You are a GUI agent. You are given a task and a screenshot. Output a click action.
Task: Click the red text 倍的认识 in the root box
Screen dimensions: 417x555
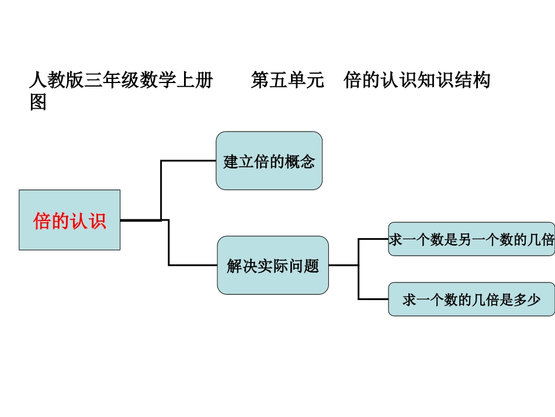[70, 222]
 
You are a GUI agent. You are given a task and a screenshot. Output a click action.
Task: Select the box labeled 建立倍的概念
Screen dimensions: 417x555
[269, 161]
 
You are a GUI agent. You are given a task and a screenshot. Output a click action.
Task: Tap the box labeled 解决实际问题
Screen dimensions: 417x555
[272, 266]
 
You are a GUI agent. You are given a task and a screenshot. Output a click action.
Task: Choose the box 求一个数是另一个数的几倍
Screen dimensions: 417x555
[471, 239]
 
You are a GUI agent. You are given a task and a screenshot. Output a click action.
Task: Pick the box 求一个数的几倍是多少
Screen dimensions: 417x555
[471, 299]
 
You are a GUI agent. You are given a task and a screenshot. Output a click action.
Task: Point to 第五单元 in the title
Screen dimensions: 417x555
[287, 80]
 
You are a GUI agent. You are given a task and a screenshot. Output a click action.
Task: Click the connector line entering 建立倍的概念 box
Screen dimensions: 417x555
[188, 160]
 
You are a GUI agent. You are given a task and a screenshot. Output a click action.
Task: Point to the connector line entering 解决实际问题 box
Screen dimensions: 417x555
[193, 265]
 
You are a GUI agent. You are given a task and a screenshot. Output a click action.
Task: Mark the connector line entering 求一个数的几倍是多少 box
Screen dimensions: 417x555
[374, 299]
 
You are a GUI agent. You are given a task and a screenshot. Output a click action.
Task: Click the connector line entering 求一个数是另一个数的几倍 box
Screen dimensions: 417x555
[374, 239]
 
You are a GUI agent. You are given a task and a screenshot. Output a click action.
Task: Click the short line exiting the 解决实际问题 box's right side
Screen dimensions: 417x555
[344, 265]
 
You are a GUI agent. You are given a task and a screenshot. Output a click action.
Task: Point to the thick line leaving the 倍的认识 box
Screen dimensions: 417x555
[140, 220]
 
